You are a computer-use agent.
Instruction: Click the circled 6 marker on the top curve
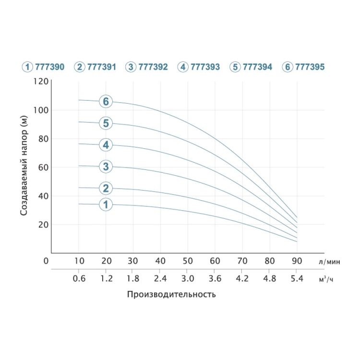[x=106, y=101]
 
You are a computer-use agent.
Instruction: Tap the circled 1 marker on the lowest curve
[x=106, y=204]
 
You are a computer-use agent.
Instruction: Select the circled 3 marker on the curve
[x=106, y=167]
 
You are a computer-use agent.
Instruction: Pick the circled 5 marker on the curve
[x=106, y=123]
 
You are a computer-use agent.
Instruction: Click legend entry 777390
[x=43, y=67]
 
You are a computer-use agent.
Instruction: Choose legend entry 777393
[x=199, y=67]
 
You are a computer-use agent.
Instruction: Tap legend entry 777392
[x=147, y=67]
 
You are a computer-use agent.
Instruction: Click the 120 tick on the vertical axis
[x=42, y=81]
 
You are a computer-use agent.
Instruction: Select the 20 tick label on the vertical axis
[x=44, y=225]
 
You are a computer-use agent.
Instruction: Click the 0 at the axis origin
[x=46, y=261]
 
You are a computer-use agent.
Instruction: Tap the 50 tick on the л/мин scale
[x=188, y=261]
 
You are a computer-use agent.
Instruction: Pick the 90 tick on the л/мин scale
[x=297, y=261]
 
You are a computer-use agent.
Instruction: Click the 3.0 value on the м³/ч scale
[x=188, y=278]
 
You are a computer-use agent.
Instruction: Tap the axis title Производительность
[x=171, y=294]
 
